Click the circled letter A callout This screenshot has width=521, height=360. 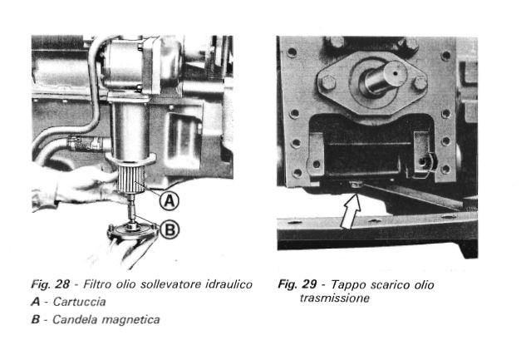point(170,200)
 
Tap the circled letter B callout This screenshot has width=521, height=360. point(170,230)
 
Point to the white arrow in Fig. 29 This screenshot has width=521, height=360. point(351,212)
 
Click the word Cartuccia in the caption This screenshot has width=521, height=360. point(80,302)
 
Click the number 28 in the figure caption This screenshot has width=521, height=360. point(62,284)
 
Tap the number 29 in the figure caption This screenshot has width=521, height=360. point(309,284)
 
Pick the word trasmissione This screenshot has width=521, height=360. point(335,298)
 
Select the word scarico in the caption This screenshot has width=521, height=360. point(390,285)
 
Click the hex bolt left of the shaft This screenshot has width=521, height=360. point(327,83)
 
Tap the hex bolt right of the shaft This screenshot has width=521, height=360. point(420,83)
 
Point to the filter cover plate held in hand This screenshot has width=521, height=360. point(133,230)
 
